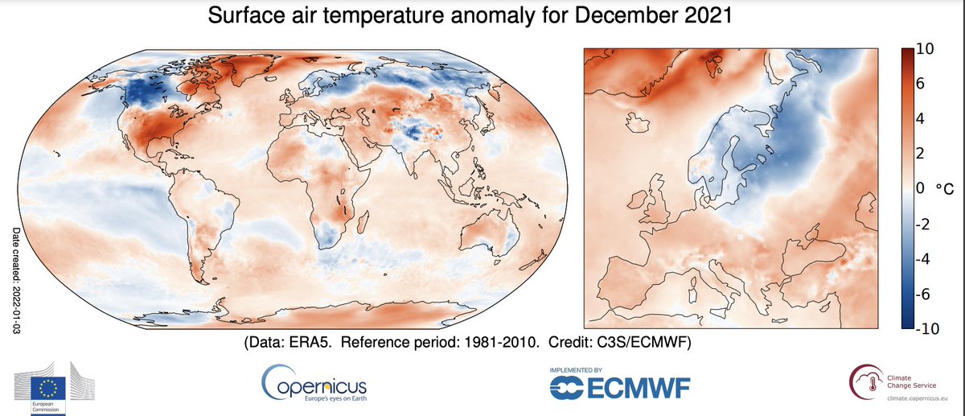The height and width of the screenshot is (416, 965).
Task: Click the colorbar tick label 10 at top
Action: [x=925, y=49]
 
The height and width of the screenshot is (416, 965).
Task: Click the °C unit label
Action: [x=945, y=189]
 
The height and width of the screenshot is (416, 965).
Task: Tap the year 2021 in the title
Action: [x=704, y=15]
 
